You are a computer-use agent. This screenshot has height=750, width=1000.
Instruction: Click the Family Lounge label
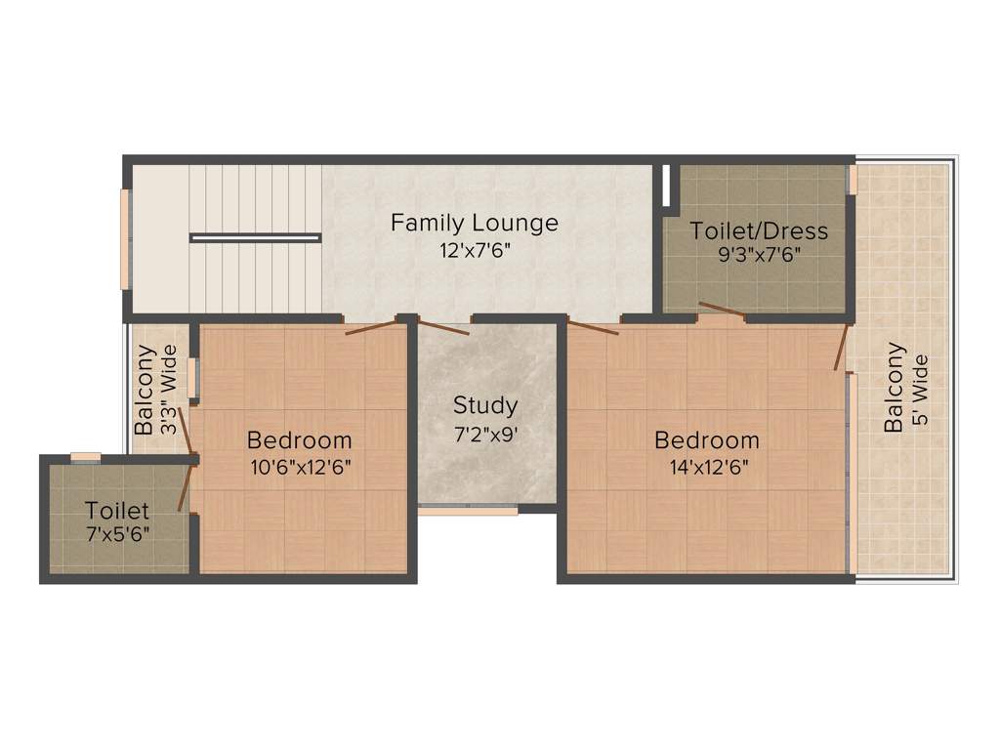[x=475, y=223]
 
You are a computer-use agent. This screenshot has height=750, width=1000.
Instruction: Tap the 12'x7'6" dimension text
[x=475, y=249]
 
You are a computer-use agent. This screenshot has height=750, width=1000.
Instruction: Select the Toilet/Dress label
[x=759, y=230]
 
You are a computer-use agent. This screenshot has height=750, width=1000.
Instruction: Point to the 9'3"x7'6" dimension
[x=759, y=256]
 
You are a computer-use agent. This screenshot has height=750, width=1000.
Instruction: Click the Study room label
[x=485, y=404]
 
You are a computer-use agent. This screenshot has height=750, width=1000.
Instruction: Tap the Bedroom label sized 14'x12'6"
[x=707, y=439]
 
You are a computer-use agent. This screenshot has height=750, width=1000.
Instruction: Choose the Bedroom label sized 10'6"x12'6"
[x=299, y=439]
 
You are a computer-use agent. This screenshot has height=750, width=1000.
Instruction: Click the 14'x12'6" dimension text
[x=707, y=466]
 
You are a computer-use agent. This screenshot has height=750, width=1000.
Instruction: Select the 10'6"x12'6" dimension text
[x=301, y=466]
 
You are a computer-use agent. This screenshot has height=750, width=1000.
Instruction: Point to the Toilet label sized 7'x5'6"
[x=117, y=510]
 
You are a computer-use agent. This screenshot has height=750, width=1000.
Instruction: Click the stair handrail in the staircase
[x=255, y=237]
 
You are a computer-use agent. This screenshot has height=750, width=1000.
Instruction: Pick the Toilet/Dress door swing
[x=722, y=311]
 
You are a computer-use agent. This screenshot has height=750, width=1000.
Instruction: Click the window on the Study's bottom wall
[x=468, y=510]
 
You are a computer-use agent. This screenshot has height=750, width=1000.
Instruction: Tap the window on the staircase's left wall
[x=125, y=239]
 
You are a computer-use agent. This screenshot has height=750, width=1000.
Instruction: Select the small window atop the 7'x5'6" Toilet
[x=86, y=456]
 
